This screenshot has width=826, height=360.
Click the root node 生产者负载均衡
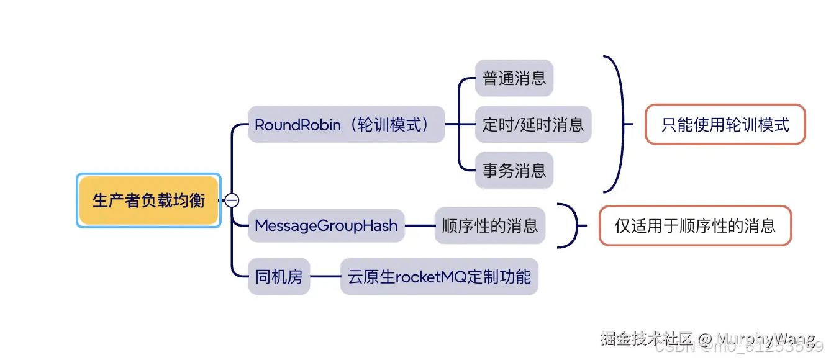coord(148,200)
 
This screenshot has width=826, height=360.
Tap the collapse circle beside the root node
coord(232,200)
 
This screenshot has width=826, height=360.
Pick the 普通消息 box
coord(514,78)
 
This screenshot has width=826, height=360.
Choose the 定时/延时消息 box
coord(533,124)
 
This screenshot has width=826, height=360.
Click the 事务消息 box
coord(514,170)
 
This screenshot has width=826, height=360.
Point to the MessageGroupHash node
coord(326,225)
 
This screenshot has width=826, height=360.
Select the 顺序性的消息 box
coord(489,225)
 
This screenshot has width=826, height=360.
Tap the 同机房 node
coord(279,276)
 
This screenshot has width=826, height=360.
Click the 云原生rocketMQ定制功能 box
coord(438,276)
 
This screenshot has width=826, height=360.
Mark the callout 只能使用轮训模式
coord(725,124)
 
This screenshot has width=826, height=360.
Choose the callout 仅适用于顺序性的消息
coord(695,225)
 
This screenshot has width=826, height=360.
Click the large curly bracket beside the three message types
coord(619,124)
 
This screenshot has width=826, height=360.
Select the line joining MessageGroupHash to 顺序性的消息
coord(420,225)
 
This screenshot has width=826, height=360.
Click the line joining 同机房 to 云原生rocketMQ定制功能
coord(325,276)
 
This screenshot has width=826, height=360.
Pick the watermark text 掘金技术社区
coord(646,339)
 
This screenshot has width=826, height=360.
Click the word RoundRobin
coord(297,124)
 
